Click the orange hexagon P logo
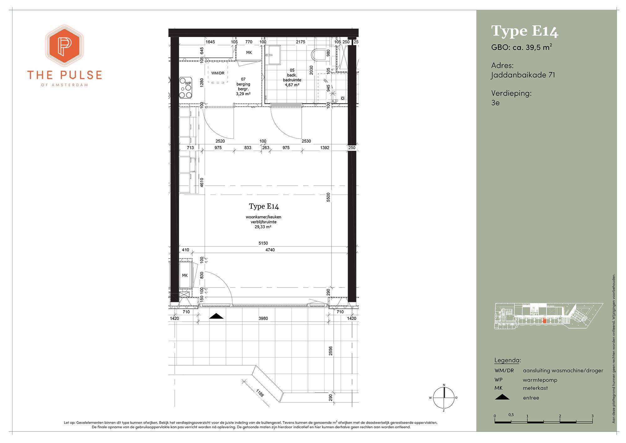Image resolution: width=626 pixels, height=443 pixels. tap(64, 46)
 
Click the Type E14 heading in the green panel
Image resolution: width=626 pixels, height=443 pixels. tap(525, 31)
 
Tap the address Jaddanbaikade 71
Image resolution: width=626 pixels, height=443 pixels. tap(523, 75)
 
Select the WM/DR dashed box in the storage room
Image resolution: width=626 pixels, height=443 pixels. tap(218, 73)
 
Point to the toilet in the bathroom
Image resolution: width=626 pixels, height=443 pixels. tap(319, 55)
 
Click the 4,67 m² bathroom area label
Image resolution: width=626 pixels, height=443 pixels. tap(292, 85)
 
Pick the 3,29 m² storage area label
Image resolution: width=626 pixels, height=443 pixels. tap(243, 94)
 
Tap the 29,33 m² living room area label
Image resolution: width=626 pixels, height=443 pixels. tap(263, 227)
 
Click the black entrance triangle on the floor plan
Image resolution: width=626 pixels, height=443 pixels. tap(216, 316)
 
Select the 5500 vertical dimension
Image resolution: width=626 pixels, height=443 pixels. tap(328, 197)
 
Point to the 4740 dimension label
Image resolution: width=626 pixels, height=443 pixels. tap(270, 250)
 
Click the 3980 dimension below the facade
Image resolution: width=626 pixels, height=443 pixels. tap(263, 318)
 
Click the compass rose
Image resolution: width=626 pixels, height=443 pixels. tap(444, 398)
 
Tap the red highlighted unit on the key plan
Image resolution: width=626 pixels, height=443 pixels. tap(544, 321)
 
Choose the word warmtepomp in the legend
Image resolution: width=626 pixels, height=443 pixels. tap(540, 380)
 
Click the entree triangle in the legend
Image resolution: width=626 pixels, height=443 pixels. tap(502, 397)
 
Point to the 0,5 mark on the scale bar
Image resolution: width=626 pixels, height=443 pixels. tap(511, 415)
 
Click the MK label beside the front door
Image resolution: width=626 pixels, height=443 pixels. tap(185, 275)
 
